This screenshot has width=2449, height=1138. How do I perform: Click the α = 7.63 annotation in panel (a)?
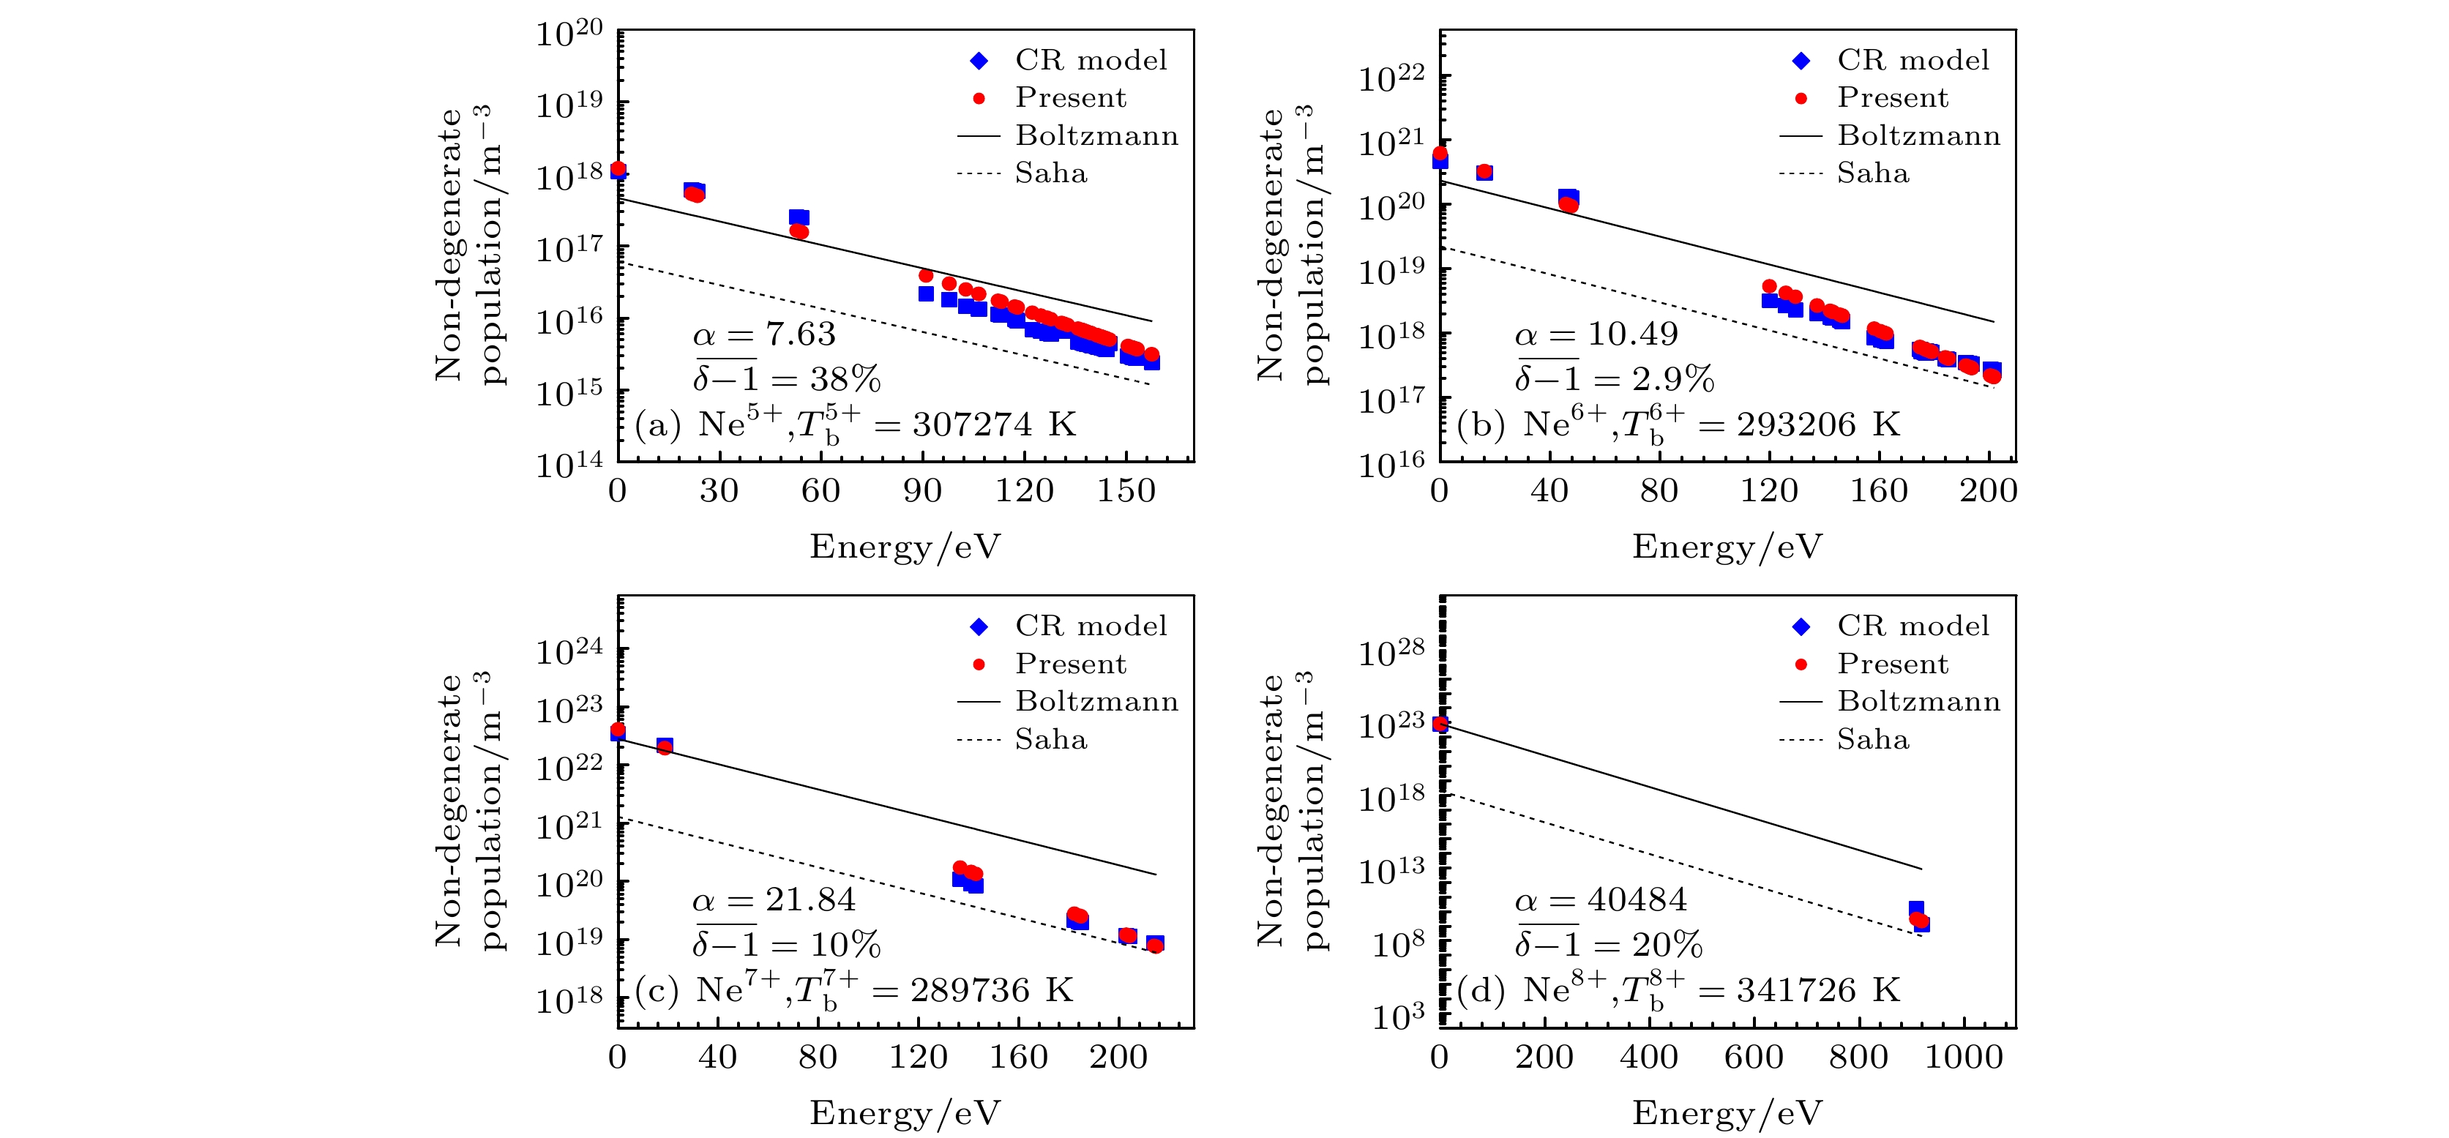pyautogui.click(x=763, y=334)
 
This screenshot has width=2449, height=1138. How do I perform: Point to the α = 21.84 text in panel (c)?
pyautogui.click(x=773, y=899)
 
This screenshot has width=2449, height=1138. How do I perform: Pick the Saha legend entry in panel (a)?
pyautogui.click(x=1050, y=173)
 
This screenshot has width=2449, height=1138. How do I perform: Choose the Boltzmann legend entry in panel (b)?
pyautogui.click(x=1918, y=135)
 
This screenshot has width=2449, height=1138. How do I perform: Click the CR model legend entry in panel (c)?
pyautogui.click(x=1091, y=626)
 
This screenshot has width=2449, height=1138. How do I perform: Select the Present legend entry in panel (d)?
pyautogui.click(x=1892, y=664)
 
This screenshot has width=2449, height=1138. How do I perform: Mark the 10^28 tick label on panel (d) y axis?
pyautogui.click(x=1391, y=653)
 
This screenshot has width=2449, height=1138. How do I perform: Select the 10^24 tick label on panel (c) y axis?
pyautogui.click(x=569, y=652)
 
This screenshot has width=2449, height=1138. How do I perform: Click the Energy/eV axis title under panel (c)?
pyautogui.click(x=905, y=1112)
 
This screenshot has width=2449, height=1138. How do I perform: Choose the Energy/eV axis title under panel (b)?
pyautogui.click(x=1727, y=547)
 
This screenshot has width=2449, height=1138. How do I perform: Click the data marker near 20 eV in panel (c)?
pyautogui.click(x=665, y=746)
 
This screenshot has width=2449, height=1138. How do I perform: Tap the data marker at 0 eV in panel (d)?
pyautogui.click(x=1440, y=725)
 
